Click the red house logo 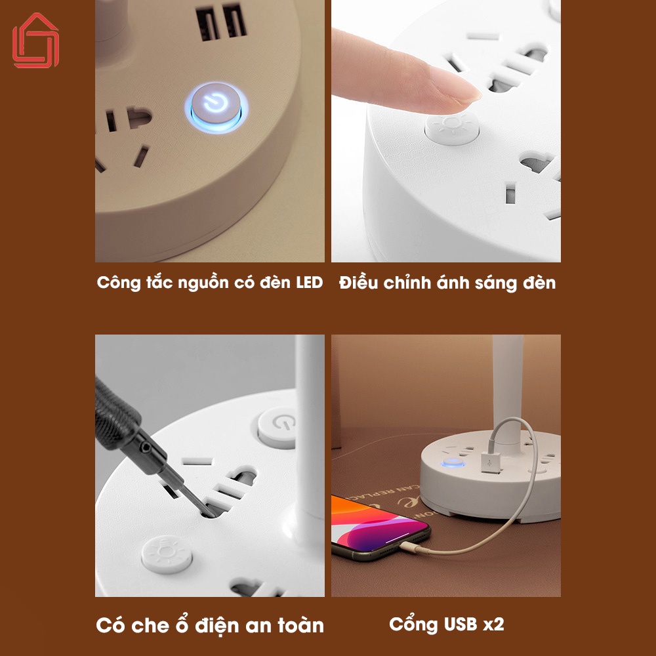35,41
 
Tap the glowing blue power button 216,106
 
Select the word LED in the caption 309,282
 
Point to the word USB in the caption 461,624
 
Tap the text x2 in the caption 494,625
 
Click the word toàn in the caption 301,625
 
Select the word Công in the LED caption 118,283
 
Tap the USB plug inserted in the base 491,462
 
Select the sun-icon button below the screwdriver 167,554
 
